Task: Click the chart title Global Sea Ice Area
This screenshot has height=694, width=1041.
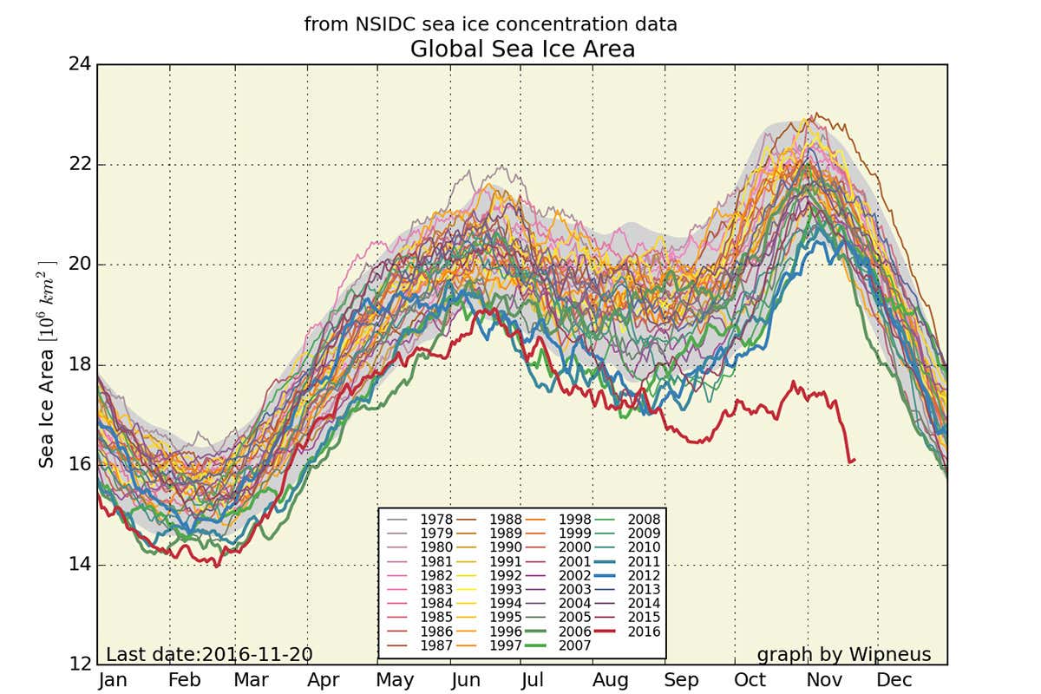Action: (522, 49)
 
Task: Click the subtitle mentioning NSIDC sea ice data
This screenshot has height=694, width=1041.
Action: (490, 24)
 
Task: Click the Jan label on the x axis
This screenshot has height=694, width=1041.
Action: (113, 681)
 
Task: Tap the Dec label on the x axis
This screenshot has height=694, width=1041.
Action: (894, 681)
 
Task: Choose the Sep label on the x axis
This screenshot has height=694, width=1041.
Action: (680, 681)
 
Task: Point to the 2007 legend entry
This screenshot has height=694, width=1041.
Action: (573, 645)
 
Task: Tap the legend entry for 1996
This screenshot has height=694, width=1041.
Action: (505, 631)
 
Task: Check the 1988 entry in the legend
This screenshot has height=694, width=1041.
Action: (505, 519)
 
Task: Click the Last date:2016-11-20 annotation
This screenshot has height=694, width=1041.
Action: (209, 654)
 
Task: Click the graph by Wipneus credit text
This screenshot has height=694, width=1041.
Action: (844, 654)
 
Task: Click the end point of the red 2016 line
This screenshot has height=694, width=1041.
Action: (855, 460)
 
